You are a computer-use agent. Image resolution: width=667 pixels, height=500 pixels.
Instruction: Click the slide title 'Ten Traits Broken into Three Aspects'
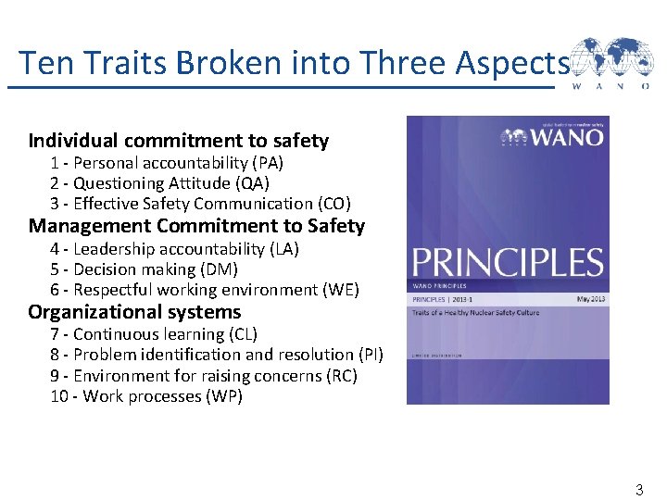click(x=293, y=63)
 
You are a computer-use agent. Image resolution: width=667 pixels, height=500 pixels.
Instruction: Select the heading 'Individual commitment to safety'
click(x=179, y=141)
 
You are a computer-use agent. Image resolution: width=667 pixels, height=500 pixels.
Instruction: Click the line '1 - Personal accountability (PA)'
click(x=167, y=163)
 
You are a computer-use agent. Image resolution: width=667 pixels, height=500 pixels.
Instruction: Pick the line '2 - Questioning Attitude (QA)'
click(x=159, y=183)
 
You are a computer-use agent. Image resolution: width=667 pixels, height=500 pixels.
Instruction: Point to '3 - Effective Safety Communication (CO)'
click(x=200, y=204)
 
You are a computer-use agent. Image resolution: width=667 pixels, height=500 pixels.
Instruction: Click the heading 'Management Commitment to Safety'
click(x=196, y=226)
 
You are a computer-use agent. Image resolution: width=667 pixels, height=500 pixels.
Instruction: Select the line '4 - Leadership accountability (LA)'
click(x=174, y=249)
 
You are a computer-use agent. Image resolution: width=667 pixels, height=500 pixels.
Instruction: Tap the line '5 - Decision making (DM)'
click(x=144, y=269)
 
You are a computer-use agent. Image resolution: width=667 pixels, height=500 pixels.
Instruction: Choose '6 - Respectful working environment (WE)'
click(x=204, y=290)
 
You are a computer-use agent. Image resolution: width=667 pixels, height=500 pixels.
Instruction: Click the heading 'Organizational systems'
click(x=134, y=312)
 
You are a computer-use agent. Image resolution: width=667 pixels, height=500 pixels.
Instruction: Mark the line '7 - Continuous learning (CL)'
click(x=154, y=334)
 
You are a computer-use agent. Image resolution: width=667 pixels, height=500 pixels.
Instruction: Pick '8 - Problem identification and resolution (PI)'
click(x=216, y=355)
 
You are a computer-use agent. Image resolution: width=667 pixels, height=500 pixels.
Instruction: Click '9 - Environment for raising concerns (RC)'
click(x=203, y=376)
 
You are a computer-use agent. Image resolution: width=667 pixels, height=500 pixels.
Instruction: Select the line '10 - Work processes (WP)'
click(x=145, y=396)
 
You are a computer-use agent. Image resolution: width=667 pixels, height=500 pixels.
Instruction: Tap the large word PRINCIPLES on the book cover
click(x=507, y=263)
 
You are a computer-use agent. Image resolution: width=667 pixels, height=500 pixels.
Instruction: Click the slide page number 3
click(x=638, y=488)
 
